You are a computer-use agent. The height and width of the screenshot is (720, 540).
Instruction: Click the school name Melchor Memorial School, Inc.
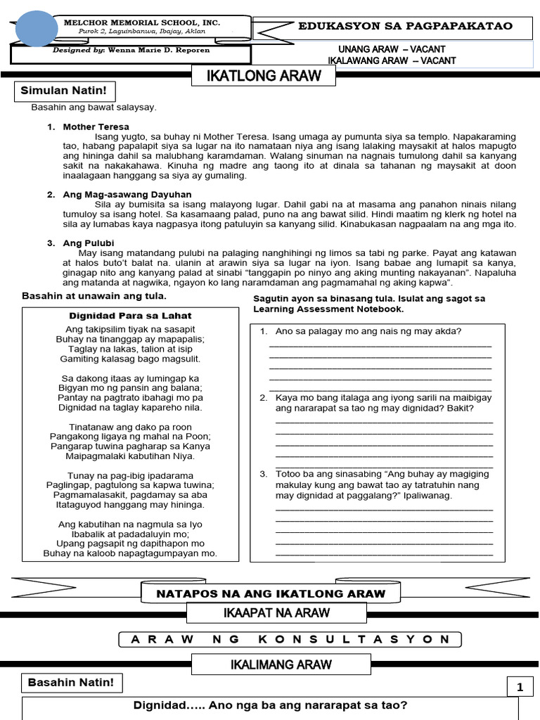pyautogui.click(x=142, y=23)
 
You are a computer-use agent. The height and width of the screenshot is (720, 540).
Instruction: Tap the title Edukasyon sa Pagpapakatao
pyautogui.click(x=406, y=27)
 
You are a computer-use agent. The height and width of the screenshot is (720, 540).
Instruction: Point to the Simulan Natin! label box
pyautogui.click(x=62, y=91)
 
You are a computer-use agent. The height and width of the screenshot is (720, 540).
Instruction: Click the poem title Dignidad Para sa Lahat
pyautogui.click(x=130, y=316)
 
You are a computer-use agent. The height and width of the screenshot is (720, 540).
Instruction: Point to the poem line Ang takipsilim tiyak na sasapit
pyautogui.click(x=130, y=329)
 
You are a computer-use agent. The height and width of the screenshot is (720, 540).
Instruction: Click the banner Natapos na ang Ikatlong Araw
pyautogui.click(x=271, y=593)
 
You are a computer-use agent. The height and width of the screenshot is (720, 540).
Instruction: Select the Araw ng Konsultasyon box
pyautogui.click(x=290, y=639)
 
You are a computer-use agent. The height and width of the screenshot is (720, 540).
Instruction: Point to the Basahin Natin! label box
pyautogui.click(x=71, y=683)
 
